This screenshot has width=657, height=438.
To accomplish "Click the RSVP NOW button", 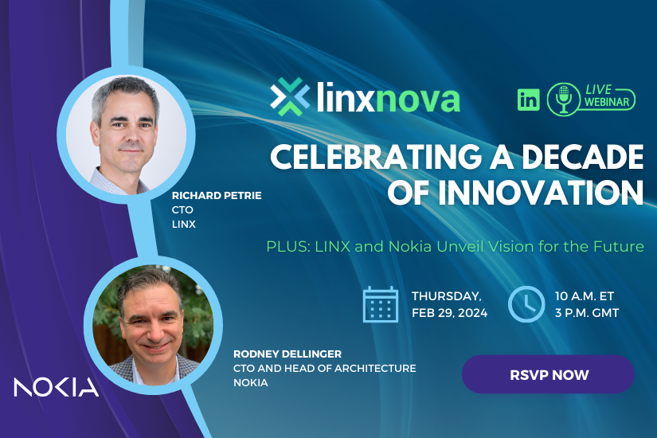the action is coord(548,374).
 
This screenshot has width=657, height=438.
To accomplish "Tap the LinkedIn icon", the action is coord(528,100).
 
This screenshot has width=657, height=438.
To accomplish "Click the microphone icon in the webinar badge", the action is coord(564,100).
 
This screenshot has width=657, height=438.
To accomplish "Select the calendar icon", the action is coord(381,304).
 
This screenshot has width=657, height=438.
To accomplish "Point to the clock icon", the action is coord(526,304).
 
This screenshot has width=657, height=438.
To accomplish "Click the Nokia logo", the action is coord(57,387).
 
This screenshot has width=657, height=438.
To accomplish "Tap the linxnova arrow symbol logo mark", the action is coord(290,96).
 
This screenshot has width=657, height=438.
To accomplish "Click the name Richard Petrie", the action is coord(217,195).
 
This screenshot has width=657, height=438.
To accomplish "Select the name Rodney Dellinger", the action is coord(287,354).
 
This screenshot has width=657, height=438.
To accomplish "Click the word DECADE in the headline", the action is coord(582,157).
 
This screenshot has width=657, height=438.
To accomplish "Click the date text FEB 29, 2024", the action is coord(450,313).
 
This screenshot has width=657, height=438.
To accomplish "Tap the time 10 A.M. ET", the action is coord(585,296).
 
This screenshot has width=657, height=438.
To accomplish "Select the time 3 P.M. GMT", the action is coord(587,313).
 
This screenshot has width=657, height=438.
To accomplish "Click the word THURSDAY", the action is coord(447,296).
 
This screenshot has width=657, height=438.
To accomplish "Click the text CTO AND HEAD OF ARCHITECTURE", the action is coord(325,368).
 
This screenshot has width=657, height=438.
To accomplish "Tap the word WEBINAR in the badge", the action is coord(607,102).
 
